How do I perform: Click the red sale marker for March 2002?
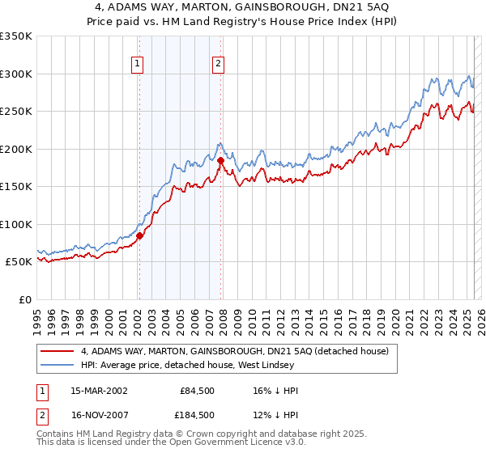pos(139,236)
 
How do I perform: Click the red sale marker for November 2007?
pos(220,160)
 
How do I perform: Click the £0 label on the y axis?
pos(24,299)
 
